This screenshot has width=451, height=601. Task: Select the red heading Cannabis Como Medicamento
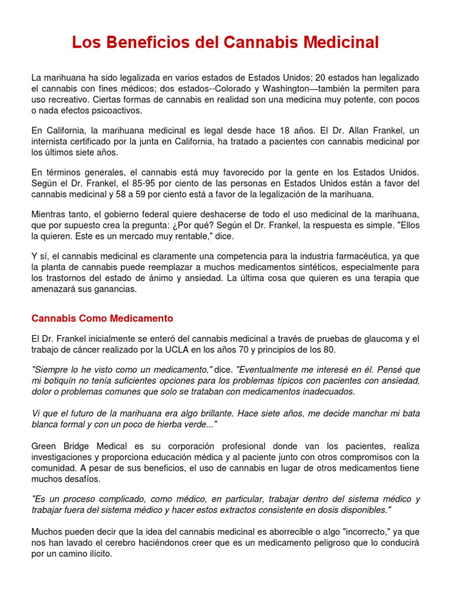tap(102, 318)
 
